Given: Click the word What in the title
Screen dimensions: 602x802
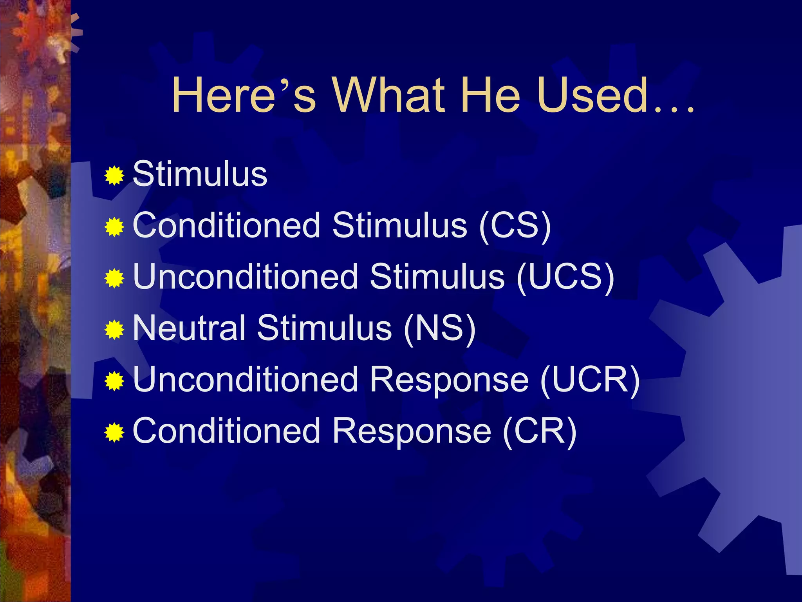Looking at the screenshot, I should [x=389, y=95].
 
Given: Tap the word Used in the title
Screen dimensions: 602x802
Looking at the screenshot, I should [x=593, y=95].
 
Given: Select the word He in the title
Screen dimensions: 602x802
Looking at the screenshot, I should [x=491, y=95].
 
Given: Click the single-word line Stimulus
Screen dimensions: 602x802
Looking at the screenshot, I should [x=200, y=174].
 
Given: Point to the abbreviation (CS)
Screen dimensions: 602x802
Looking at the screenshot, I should [x=515, y=226].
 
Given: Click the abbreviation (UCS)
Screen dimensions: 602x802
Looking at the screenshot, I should [x=565, y=277].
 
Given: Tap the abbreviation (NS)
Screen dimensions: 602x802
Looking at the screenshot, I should [x=439, y=328].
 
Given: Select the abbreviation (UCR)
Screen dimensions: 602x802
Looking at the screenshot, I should [x=590, y=380].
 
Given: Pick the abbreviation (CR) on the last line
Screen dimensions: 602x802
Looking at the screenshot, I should [x=539, y=431].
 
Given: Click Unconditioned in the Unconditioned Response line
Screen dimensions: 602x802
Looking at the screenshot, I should [x=246, y=379].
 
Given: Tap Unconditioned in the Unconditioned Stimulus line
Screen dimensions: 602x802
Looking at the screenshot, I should [x=246, y=276].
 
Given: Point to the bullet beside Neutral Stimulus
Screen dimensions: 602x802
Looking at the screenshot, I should [x=114, y=330].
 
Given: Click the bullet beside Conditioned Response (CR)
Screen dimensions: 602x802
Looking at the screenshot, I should [x=114, y=433].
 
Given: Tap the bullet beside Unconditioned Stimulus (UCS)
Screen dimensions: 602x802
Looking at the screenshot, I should [x=114, y=278].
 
